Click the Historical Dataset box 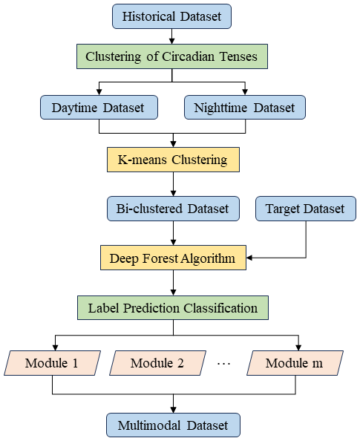(171, 16)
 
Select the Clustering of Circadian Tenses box (172, 56)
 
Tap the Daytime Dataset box (99, 107)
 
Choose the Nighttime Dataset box (245, 107)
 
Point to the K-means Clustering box (173, 160)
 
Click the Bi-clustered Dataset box (173, 209)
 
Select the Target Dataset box (306, 209)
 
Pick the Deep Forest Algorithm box (173, 258)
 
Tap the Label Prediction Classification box (173, 307)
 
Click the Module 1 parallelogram (52, 363)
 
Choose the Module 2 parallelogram (158, 363)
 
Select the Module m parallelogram (295, 363)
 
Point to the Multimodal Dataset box (173, 425)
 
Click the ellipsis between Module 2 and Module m (224, 364)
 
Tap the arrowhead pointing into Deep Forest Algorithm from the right (249, 258)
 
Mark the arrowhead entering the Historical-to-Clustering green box (172, 41)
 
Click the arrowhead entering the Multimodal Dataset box (173, 410)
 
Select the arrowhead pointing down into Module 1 (55, 347)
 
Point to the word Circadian (189, 56)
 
